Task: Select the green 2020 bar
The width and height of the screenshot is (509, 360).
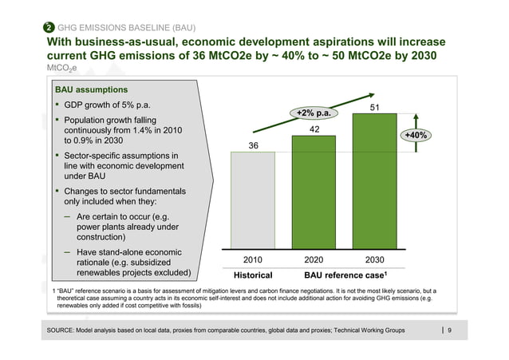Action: coord(314,192)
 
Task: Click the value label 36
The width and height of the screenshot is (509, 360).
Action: coord(252,144)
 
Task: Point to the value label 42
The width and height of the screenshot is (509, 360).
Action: coord(314,129)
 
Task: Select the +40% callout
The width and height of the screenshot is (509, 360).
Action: coord(416,136)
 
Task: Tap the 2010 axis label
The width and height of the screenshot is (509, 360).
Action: coord(252,259)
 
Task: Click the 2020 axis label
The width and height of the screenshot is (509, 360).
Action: coord(314,259)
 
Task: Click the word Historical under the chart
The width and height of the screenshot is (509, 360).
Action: coord(252,275)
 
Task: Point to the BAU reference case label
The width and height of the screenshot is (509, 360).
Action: coord(344,275)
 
